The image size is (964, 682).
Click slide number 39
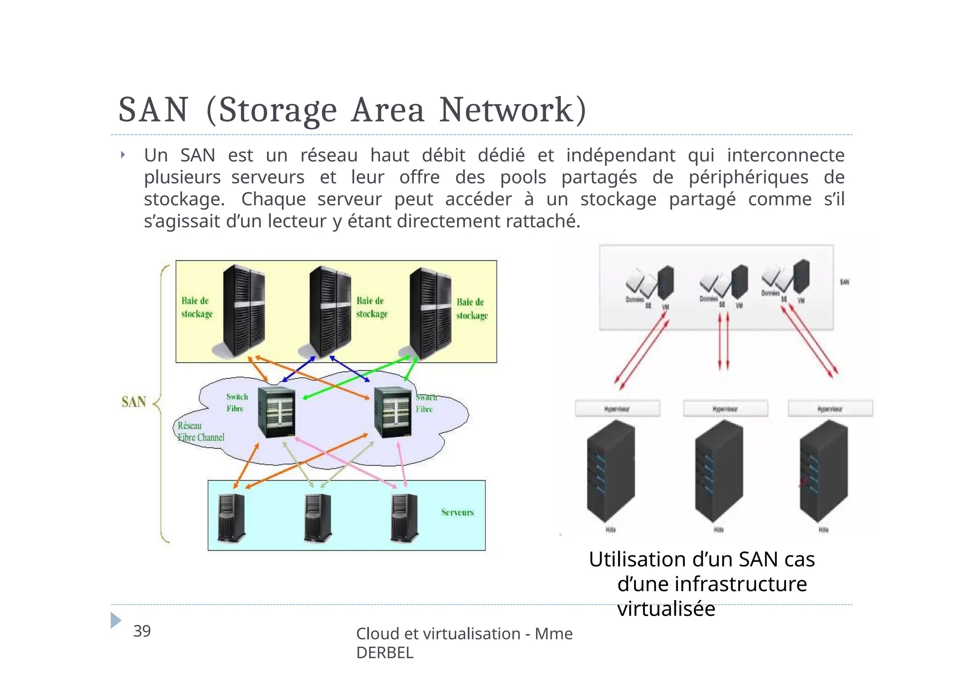pos(142,631)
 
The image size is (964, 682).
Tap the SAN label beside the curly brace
pos(134,402)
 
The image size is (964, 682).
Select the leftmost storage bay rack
pos(243,311)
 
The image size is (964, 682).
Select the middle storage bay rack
pos(330,311)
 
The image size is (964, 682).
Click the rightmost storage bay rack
pos(430,313)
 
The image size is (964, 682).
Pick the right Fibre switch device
pos(393,412)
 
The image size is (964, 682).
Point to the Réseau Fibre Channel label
pos(201,431)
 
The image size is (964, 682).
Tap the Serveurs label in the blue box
pos(457,512)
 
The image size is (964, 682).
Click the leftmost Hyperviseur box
pos(617,408)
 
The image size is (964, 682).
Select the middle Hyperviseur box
pos(725,408)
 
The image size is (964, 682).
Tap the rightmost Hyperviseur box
pos(830,408)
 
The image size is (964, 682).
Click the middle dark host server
pos(719,471)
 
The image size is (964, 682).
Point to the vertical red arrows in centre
pos(723,341)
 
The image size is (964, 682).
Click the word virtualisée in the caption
pos(666,609)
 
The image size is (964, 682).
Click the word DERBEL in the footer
pos(385,653)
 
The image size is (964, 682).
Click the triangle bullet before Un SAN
pos(123,154)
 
